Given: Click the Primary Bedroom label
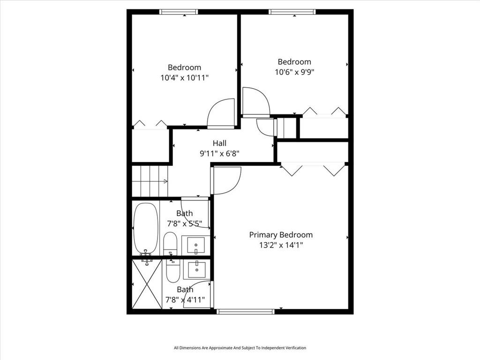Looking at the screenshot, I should [x=280, y=235].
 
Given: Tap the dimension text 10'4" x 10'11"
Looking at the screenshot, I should [x=184, y=78].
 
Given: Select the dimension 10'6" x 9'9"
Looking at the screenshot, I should [x=294, y=72].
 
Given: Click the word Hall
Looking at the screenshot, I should [x=220, y=143].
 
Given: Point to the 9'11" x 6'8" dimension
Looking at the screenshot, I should [x=220, y=153].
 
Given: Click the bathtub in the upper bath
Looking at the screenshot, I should [x=146, y=228].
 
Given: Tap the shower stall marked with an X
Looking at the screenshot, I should [x=147, y=284].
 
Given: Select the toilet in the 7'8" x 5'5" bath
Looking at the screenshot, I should [x=170, y=243].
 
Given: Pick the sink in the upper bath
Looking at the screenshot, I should [x=195, y=244].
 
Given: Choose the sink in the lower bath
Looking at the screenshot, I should [x=195, y=269].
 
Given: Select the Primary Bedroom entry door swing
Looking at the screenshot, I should [x=227, y=180].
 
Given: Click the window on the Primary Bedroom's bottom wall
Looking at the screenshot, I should [x=246, y=311].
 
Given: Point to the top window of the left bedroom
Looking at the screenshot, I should [x=179, y=12].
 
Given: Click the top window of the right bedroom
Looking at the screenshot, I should [x=292, y=12].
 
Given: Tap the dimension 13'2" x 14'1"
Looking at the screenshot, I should [x=280, y=245].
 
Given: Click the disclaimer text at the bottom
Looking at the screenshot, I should [x=240, y=348].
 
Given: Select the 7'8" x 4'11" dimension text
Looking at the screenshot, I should [x=185, y=300].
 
